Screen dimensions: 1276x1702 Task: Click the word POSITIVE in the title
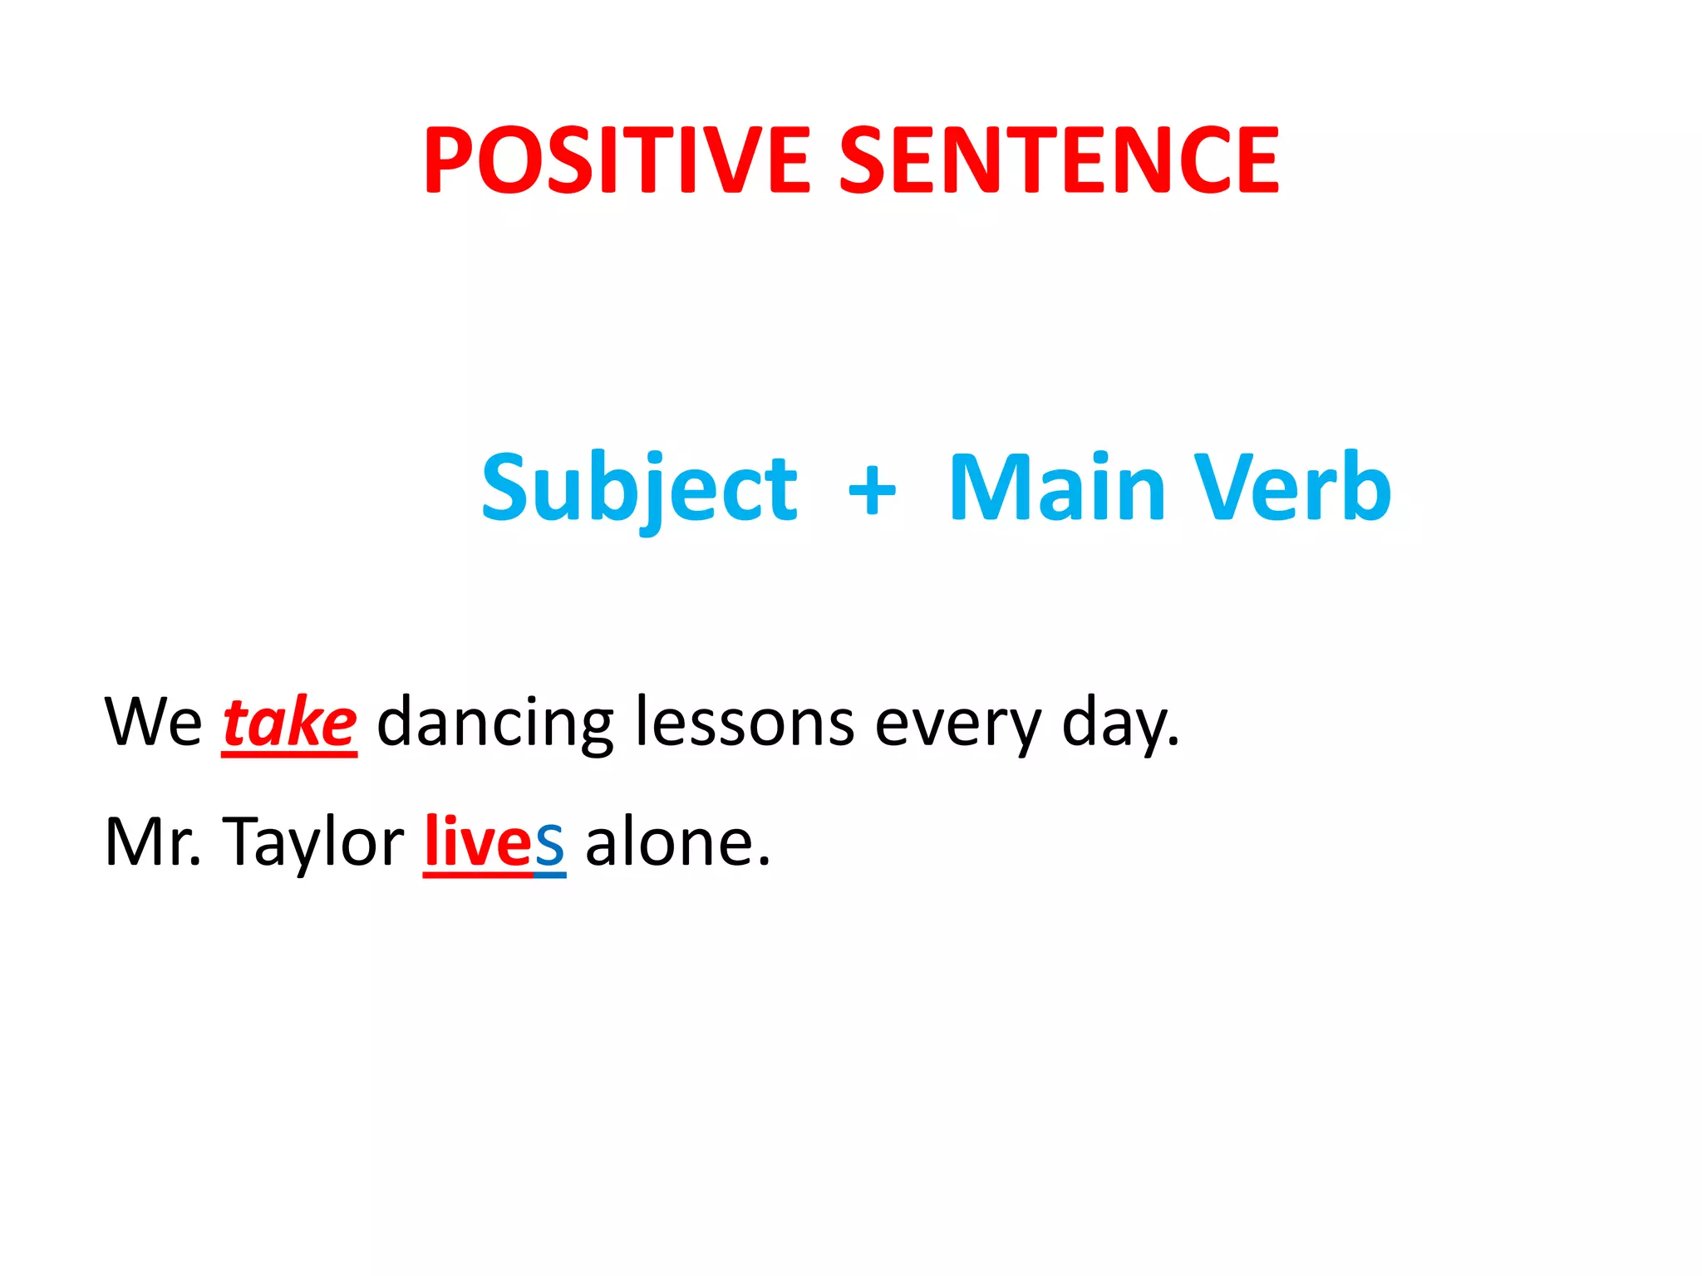pos(616,159)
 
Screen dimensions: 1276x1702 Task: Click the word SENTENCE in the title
pos(1058,159)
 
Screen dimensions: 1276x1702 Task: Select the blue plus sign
pos(872,490)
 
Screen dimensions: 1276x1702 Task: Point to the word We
pos(153,721)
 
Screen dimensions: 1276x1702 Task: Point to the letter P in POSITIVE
pos(450,159)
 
